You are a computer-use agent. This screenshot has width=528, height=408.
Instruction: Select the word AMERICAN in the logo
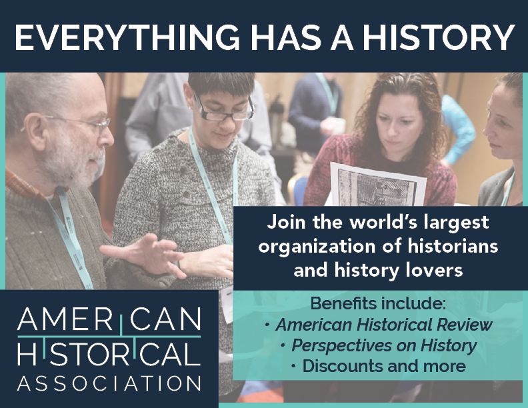pyautogui.click(x=109, y=321)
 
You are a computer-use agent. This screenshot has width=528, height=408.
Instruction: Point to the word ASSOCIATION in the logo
pyautogui.click(x=109, y=383)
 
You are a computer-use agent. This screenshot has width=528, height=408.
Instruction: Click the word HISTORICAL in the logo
pyautogui.click(x=109, y=353)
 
